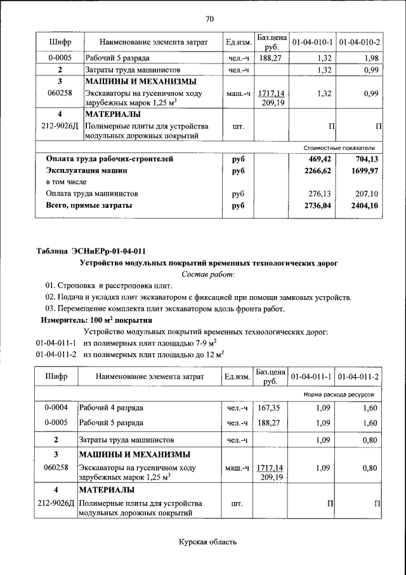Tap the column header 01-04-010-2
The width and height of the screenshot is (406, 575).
click(360, 43)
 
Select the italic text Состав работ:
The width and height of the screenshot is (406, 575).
click(208, 274)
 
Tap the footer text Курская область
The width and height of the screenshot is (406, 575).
click(207, 542)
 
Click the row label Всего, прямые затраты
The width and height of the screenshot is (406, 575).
click(89, 205)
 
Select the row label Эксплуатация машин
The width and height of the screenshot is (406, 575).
click(86, 171)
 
